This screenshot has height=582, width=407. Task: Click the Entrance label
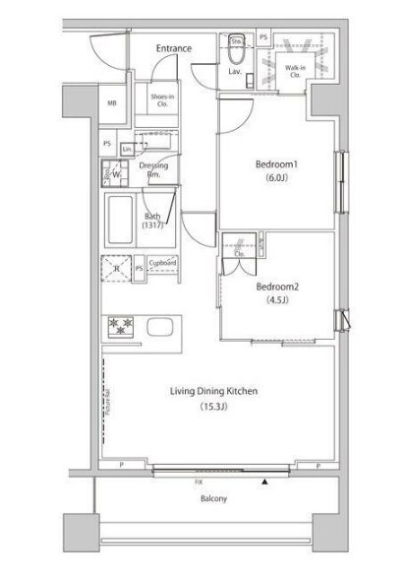[x=173, y=48]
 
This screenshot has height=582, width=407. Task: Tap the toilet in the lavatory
[x=236, y=44]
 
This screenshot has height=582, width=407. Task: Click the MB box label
[x=111, y=103]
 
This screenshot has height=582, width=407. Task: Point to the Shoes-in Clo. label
[x=163, y=98]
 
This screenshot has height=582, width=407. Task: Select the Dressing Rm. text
[x=152, y=169]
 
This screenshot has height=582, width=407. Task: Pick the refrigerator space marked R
[x=117, y=268]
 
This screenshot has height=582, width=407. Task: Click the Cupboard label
[x=163, y=264]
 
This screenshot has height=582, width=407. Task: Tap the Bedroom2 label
[x=276, y=287]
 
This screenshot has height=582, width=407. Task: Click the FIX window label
[x=198, y=483]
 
